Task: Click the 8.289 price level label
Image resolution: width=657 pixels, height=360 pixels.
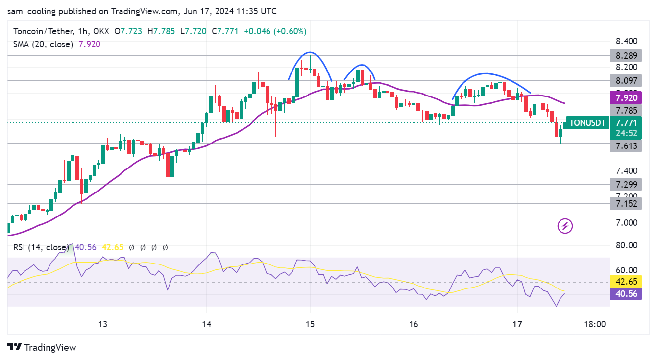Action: pyautogui.click(x=625, y=55)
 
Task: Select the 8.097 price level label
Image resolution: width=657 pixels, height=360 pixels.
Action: pyautogui.click(x=625, y=80)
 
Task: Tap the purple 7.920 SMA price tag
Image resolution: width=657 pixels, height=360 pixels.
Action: pyautogui.click(x=625, y=97)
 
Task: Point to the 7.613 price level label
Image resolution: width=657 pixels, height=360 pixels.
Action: pyautogui.click(x=625, y=145)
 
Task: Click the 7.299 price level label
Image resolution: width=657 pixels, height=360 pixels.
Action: pyautogui.click(x=625, y=185)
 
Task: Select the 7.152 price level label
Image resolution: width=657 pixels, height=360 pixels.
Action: pyautogui.click(x=625, y=204)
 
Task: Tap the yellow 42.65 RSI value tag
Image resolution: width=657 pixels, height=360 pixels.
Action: pyautogui.click(x=625, y=282)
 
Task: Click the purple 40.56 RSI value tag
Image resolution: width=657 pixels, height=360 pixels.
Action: pyautogui.click(x=625, y=294)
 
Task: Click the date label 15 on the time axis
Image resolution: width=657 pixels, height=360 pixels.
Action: pyautogui.click(x=310, y=324)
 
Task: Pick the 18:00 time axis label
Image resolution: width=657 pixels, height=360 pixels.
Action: pyautogui.click(x=595, y=324)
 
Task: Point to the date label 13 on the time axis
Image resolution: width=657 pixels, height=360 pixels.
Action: pyautogui.click(x=103, y=324)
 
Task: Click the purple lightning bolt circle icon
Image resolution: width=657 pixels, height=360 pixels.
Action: pyautogui.click(x=565, y=226)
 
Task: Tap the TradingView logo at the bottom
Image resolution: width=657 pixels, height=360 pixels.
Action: pyautogui.click(x=42, y=347)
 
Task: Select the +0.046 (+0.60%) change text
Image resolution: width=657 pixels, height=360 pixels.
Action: pyautogui.click(x=276, y=31)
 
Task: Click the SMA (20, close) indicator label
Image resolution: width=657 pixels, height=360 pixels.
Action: pyautogui.click(x=43, y=44)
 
